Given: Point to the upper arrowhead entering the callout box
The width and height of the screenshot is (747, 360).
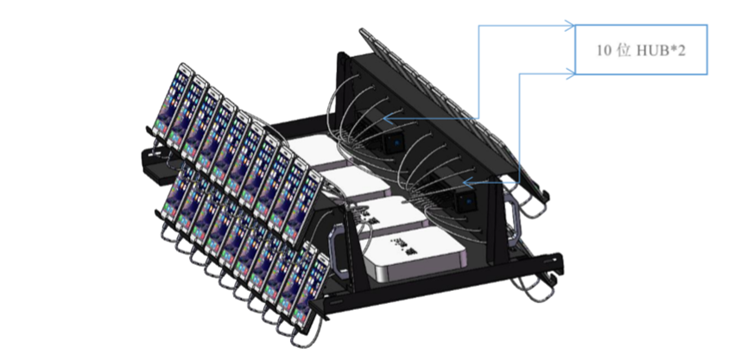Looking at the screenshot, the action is coord(570,26).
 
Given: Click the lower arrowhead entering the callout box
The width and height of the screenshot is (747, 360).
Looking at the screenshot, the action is coord(570,73).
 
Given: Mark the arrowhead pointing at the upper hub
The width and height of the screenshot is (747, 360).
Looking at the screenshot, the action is coord(389,118).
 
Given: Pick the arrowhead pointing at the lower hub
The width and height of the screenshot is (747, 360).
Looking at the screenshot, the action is coord(468,182).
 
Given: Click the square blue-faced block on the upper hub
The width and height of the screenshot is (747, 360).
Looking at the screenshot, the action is coord(395,142).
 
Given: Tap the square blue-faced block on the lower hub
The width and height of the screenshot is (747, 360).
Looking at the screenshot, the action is coord(466,201).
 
